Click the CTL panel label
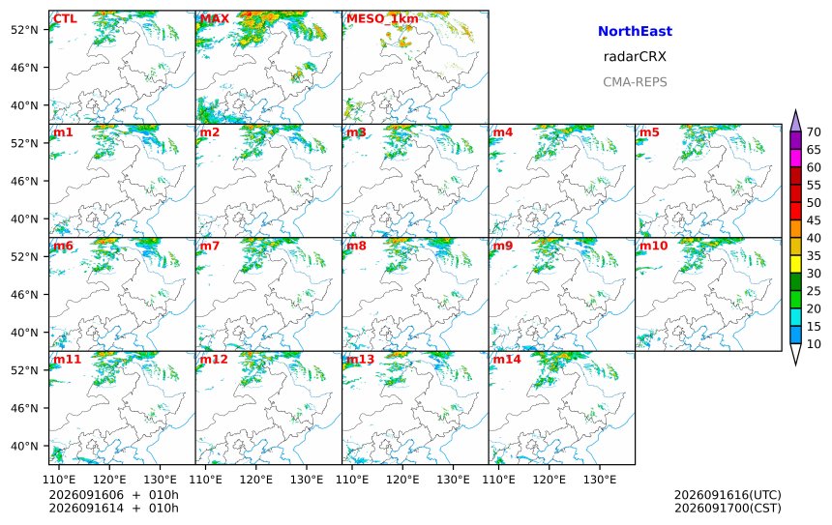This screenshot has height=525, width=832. coord(65,19)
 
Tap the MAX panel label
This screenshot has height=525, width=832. coord(215,19)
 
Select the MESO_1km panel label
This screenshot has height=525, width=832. coord(382,19)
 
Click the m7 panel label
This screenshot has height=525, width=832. coord(210,246)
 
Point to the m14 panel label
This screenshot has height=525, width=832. coord(507,360)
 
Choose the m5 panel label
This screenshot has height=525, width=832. coord(649,132)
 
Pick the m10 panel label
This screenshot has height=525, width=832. coord(653,246)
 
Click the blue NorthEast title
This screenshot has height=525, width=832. coord(635,31)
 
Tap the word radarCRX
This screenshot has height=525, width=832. coord(635,57)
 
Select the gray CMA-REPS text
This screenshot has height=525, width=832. coord(635,82)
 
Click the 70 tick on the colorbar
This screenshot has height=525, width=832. coord(814,132)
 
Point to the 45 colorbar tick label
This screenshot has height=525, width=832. coord(814,220)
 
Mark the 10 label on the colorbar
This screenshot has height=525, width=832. coord(814,344)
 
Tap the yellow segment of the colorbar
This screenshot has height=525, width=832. coord(795,264)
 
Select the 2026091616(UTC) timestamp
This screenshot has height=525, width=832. coord(728,495)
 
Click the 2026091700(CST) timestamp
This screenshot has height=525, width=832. coord(728,508)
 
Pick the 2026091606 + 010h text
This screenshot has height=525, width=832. coord(113,495)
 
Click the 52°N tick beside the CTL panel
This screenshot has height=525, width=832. coord(24,30)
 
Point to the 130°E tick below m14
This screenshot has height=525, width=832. coord(600,480)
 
